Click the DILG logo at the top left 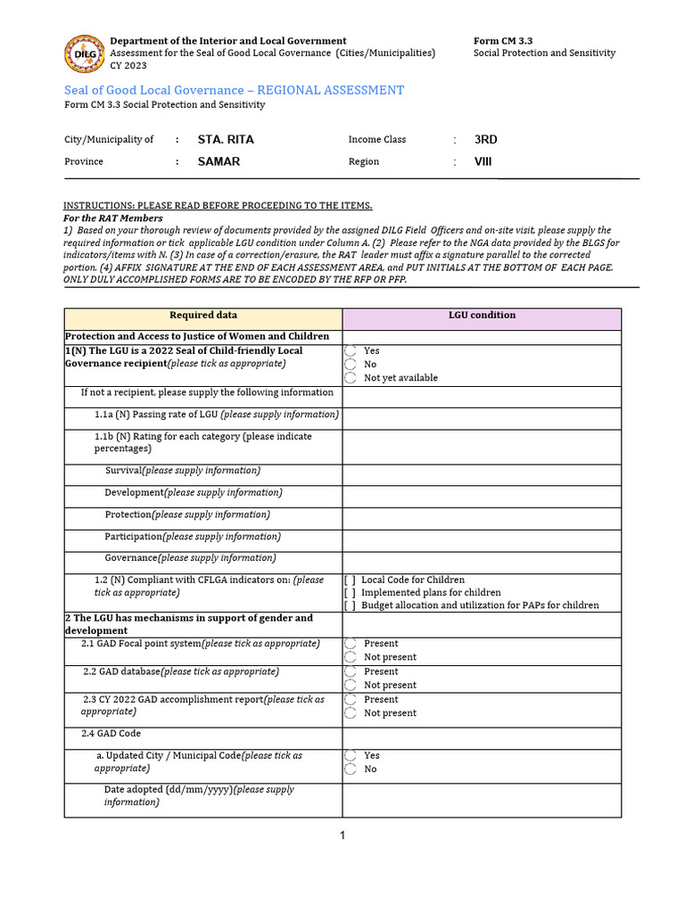coord(83,53)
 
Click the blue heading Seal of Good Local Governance coord(234,90)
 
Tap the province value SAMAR coord(219,161)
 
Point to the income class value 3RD coord(486,140)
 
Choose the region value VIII coord(483,161)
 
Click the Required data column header coord(203,316)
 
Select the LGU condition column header coord(482,316)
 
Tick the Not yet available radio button coord(351,378)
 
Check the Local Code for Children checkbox coord(350,580)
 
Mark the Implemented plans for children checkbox coord(350,593)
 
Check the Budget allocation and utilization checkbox coord(350,605)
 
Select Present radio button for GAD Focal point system coord(351,644)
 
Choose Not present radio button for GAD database coord(351,685)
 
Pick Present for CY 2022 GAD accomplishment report coord(351,700)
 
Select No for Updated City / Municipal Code coord(351,769)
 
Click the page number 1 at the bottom coord(342,835)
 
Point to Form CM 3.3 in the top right coord(503,41)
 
